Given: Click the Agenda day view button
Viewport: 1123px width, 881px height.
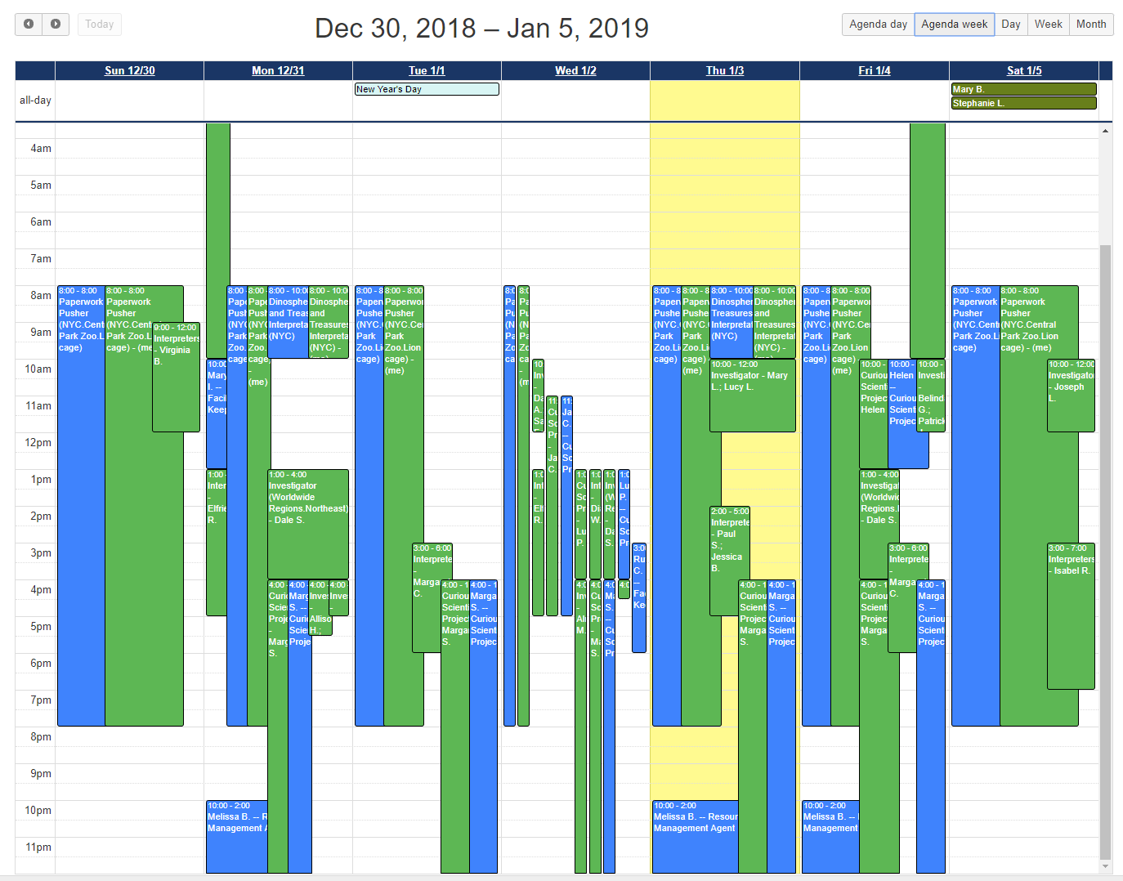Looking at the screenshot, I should (x=878, y=25).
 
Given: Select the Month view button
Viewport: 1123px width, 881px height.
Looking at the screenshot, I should (x=1090, y=25).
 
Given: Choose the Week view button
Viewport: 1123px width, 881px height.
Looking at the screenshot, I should (x=1048, y=25).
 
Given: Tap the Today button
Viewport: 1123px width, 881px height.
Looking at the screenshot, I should (x=100, y=25).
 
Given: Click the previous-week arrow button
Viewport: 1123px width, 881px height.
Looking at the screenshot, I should (x=29, y=25).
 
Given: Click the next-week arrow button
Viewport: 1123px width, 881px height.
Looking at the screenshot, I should (x=56, y=25).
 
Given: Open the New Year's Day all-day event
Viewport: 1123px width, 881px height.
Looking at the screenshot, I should (x=427, y=89).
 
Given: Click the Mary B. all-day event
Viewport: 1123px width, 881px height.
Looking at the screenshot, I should (x=1023, y=89).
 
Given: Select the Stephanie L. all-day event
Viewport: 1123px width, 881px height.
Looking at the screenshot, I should (x=1023, y=103).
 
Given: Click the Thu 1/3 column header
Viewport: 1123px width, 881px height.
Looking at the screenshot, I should (x=725, y=71).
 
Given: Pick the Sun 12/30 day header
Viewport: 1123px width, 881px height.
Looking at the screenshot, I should (x=129, y=71).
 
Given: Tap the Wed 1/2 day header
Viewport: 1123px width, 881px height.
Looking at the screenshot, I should (x=575, y=71).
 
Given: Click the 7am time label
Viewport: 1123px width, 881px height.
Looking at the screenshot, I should (x=41, y=259).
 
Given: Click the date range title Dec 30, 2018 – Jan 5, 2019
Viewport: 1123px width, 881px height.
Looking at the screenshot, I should (x=481, y=29).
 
